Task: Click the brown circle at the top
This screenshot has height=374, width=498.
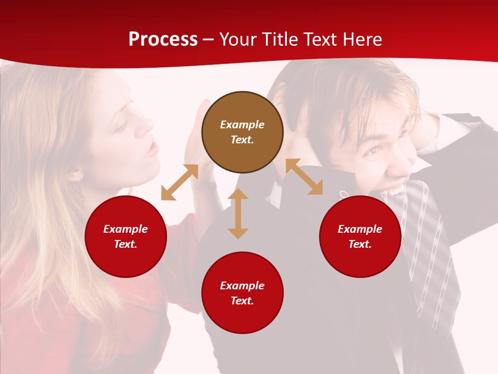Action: [242, 132]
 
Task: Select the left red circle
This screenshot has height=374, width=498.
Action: [126, 236]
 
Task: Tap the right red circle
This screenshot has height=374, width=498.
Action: [360, 236]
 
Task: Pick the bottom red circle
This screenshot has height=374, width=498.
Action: [242, 293]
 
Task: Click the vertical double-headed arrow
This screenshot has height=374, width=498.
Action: [238, 213]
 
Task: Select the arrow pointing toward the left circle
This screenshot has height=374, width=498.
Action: [179, 182]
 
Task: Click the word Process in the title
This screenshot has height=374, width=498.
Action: [163, 39]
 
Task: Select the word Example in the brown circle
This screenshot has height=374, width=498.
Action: [242, 125]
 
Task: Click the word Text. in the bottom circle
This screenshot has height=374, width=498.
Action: [242, 301]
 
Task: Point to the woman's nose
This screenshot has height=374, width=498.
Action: [148, 124]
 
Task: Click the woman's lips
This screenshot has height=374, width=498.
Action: [151, 149]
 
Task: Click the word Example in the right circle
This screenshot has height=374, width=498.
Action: [360, 229]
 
